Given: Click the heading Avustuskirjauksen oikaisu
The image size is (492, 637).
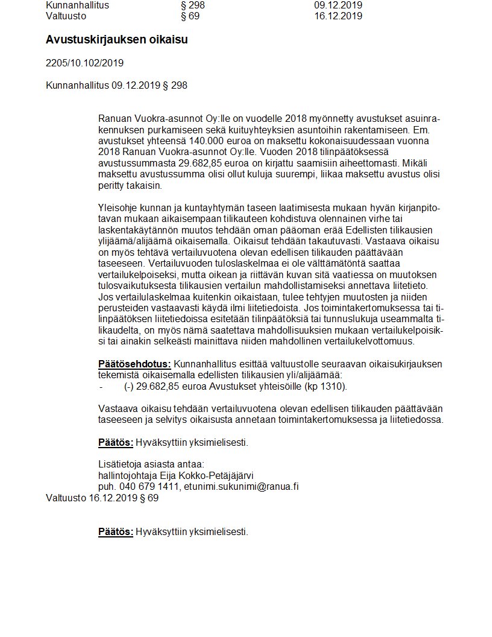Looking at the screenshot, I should (116, 40).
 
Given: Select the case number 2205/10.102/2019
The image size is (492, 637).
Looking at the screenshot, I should (84, 63).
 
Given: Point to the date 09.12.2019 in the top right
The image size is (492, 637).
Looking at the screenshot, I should (338, 5).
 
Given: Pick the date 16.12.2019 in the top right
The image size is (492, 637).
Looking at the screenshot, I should (338, 16).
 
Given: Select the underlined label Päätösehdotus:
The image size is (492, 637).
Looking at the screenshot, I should (134, 364).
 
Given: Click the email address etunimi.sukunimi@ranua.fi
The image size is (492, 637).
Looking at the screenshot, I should (241, 487).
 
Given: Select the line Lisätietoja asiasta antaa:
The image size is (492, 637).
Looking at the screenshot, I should (151, 464).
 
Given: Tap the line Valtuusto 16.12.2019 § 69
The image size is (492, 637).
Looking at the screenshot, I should (102, 498).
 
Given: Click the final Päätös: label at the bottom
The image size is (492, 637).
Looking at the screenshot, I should (115, 531).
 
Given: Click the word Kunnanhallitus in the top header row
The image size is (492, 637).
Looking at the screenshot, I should (77, 5).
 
